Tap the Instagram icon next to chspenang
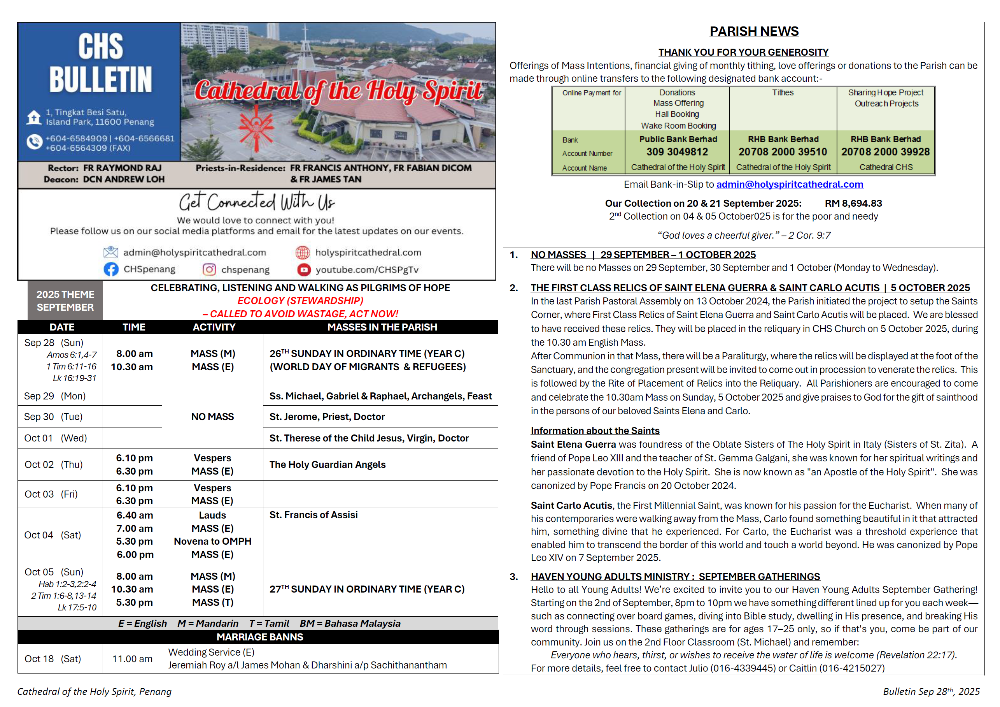(x=209, y=269)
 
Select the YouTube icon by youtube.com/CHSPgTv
(x=303, y=270)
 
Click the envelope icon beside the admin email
(x=110, y=252)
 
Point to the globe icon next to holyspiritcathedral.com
(x=302, y=252)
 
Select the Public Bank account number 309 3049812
(x=677, y=152)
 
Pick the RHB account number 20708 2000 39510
(x=782, y=152)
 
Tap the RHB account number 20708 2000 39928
(x=885, y=152)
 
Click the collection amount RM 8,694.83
(x=853, y=203)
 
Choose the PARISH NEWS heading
(x=754, y=32)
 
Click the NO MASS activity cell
(x=212, y=417)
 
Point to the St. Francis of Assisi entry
(x=313, y=515)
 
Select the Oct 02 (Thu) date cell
(x=54, y=464)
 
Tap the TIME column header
(x=134, y=327)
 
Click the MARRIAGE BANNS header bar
(x=259, y=637)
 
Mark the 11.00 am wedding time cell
(x=132, y=659)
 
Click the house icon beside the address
(x=34, y=117)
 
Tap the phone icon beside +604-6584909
(x=34, y=142)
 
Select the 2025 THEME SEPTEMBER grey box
(x=65, y=301)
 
